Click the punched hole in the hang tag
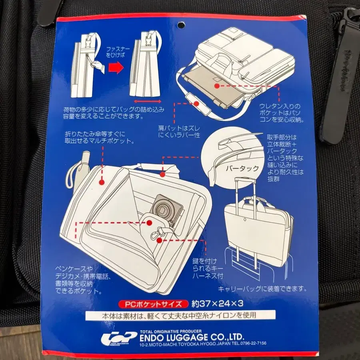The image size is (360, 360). point(181,24)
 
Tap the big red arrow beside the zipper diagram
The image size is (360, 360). point(116,68)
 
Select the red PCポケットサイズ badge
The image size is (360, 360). point(153,304)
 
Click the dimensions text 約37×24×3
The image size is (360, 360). point(217,304)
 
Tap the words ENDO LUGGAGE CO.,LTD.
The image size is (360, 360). point(192,337)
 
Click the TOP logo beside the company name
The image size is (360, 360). point(119,338)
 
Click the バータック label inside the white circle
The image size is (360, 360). point(242,169)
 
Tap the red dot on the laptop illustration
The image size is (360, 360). point(216,86)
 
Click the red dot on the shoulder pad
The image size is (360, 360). point(196,104)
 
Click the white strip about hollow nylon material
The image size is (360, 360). point(180,315)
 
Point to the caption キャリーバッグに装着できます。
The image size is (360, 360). point(262,288)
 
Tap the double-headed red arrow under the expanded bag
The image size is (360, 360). point(147,101)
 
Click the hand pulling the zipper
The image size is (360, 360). point(98,67)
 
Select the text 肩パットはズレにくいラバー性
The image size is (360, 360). point(179,132)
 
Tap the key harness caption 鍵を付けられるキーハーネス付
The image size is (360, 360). point(208,268)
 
